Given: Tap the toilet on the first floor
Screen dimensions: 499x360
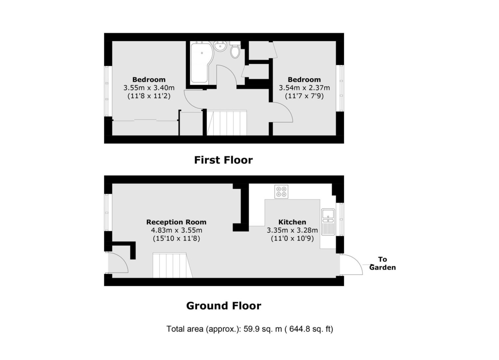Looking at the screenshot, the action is pos(235,50).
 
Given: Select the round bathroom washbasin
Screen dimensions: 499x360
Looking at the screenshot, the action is pos(220,46).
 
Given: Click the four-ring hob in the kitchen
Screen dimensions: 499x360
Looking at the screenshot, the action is pos(281,192).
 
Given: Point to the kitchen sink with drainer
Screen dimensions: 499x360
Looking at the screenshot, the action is pos(328,222).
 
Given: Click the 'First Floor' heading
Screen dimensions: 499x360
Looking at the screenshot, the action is pos(224,160).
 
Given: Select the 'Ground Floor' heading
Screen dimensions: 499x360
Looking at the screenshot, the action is pos(224,306).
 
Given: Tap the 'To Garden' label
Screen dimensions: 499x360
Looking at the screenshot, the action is pos(382,263).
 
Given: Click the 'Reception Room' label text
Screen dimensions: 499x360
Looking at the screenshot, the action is pos(176,222).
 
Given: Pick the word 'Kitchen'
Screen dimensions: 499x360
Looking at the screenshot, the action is pos(292,222).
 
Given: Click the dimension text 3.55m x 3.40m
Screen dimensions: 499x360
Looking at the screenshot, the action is pos(149,88).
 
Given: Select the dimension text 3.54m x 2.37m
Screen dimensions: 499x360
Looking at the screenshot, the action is pos(304,88).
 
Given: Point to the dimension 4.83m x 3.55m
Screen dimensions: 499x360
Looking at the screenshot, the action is pos(176,230).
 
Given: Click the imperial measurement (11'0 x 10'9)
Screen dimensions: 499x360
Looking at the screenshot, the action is pos(292,238).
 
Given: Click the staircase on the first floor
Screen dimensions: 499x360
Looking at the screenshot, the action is pos(227,123).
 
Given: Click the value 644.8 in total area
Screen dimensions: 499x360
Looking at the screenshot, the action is pos(299,329).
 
